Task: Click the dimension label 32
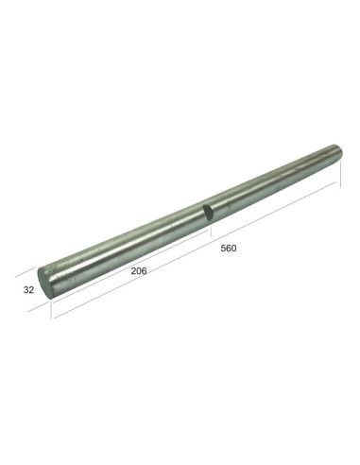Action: click(28, 290)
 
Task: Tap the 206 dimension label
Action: click(139, 270)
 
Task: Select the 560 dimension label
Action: click(227, 249)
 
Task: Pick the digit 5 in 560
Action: click(221, 249)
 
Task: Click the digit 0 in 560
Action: click(233, 249)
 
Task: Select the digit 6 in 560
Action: click(227, 249)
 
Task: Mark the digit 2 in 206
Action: click(132, 270)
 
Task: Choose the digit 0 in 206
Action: click(139, 270)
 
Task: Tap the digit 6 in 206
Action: click(146, 270)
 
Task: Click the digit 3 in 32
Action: click(26, 290)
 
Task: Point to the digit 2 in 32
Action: click(32, 290)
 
